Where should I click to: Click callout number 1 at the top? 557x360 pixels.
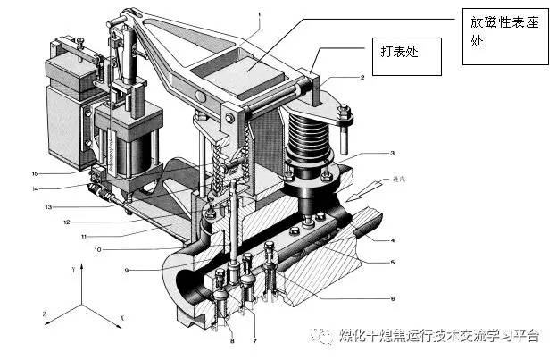click(260, 14)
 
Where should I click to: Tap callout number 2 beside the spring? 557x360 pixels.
click(362, 79)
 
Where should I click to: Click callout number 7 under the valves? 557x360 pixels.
click(254, 340)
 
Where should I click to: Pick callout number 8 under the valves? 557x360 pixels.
click(232, 340)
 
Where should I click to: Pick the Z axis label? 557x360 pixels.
click(44, 314)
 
